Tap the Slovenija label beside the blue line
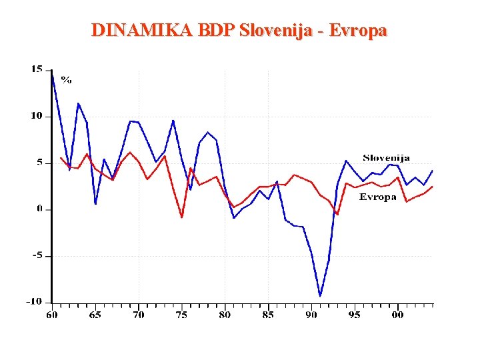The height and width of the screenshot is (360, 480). tap(386, 158)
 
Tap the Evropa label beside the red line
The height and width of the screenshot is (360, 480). tap(378, 197)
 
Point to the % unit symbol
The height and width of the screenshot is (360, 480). tap(67, 79)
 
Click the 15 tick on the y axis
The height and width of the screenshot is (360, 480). tap(37, 69)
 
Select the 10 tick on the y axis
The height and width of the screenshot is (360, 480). tap(37, 115)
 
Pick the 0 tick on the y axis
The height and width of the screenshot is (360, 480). tap(39, 209)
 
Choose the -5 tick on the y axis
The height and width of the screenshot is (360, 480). tap(37, 255)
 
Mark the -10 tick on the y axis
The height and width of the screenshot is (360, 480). tap(34, 301)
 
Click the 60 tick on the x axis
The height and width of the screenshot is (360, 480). tap(51, 314)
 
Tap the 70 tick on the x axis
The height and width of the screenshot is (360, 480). tap(138, 314)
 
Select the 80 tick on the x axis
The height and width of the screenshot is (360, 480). tap(225, 314)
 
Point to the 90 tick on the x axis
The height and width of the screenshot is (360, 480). tap(311, 314)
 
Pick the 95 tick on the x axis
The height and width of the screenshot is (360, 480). tap(354, 314)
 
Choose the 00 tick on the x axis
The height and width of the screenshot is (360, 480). tap(397, 314)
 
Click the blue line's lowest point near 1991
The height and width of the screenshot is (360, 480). tap(320, 295)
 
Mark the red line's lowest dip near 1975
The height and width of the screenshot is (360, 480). tap(181, 217)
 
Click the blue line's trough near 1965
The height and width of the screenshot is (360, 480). tap(95, 203)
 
